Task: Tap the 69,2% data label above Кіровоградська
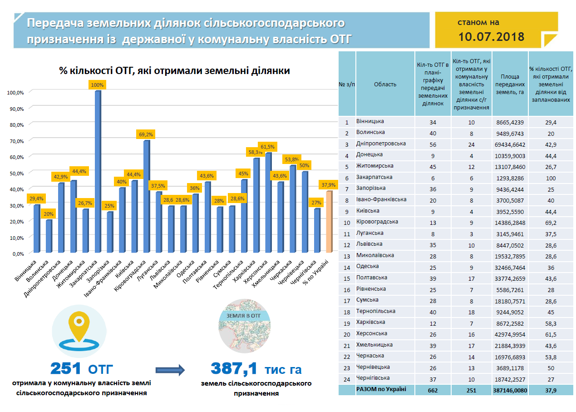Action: point(146,134)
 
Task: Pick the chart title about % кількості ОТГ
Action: point(174,71)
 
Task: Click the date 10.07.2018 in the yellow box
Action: point(491,37)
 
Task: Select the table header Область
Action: point(385,84)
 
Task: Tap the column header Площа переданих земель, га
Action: point(510,84)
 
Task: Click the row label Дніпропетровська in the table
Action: point(381,144)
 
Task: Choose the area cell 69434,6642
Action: point(510,144)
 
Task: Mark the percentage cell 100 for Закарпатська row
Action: point(551,177)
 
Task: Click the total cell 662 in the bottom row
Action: point(433,390)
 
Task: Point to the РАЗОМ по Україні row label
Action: point(381,389)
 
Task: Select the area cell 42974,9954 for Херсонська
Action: point(510,333)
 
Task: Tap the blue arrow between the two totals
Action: point(170,370)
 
